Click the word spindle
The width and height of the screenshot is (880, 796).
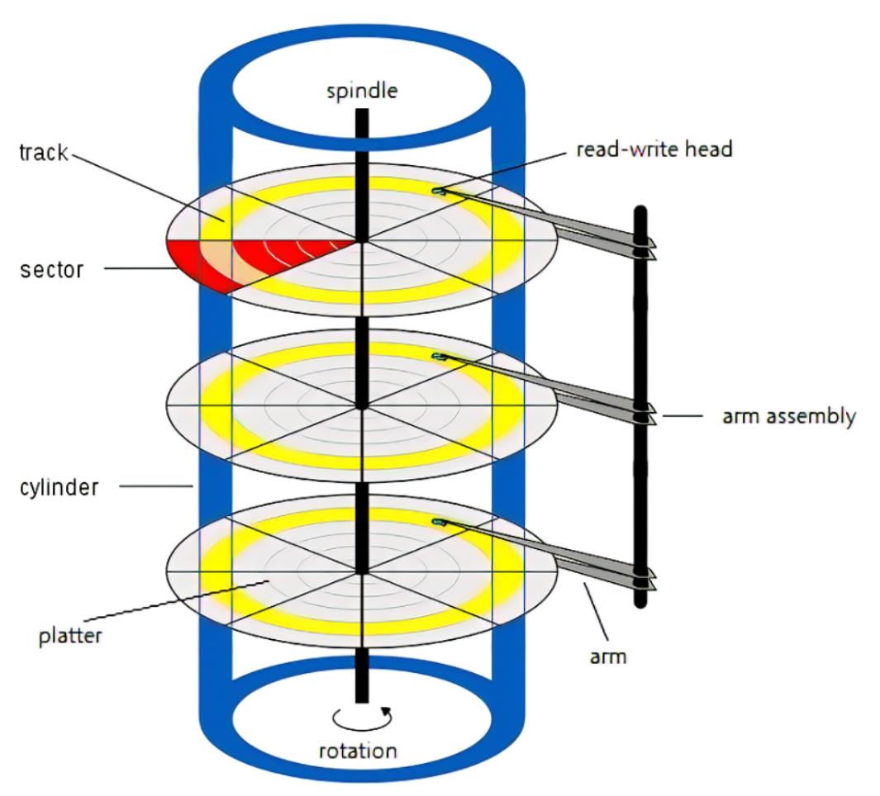click(361, 91)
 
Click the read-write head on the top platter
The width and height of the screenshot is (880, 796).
click(439, 192)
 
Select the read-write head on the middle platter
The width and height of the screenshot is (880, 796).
click(439, 357)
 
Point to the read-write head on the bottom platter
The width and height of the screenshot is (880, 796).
click(439, 522)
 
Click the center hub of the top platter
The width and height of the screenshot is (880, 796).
click(361, 241)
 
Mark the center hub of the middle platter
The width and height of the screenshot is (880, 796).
click(361, 405)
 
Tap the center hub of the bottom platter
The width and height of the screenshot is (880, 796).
click(361, 571)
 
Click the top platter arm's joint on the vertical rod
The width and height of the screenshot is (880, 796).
click(640, 246)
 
